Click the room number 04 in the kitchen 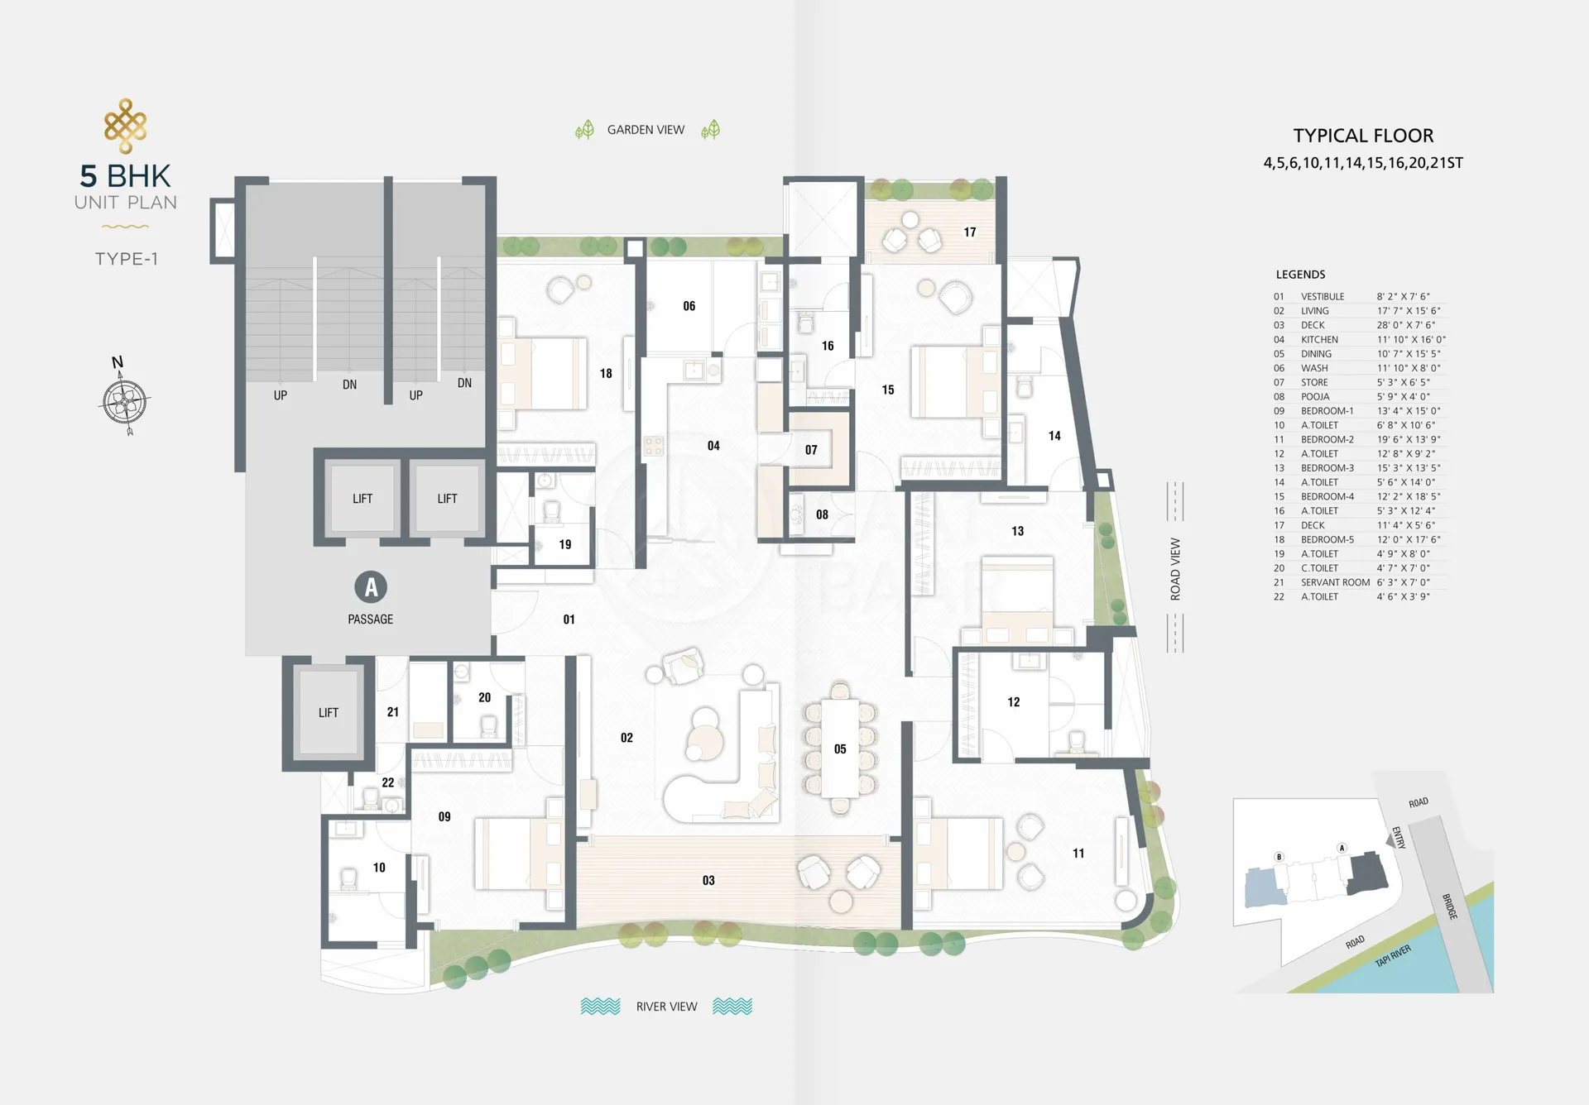coord(713,446)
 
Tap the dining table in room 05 coord(840,749)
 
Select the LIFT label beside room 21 coord(329,713)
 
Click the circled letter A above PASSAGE coord(371,587)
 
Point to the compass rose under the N coord(126,403)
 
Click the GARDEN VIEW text coord(646,130)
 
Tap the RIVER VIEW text coord(666,1007)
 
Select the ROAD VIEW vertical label coord(1175,569)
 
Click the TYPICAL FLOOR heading coord(1363,136)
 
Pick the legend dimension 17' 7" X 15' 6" coord(1409,311)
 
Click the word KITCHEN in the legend coord(1319,340)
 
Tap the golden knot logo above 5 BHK coord(126,126)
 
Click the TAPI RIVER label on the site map coord(1393,956)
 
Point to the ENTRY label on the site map coord(1399,837)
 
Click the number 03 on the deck coord(708,881)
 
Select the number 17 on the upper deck coord(970,232)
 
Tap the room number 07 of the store coord(811,450)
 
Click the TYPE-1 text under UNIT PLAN coord(126,259)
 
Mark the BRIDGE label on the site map coord(1449,906)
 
